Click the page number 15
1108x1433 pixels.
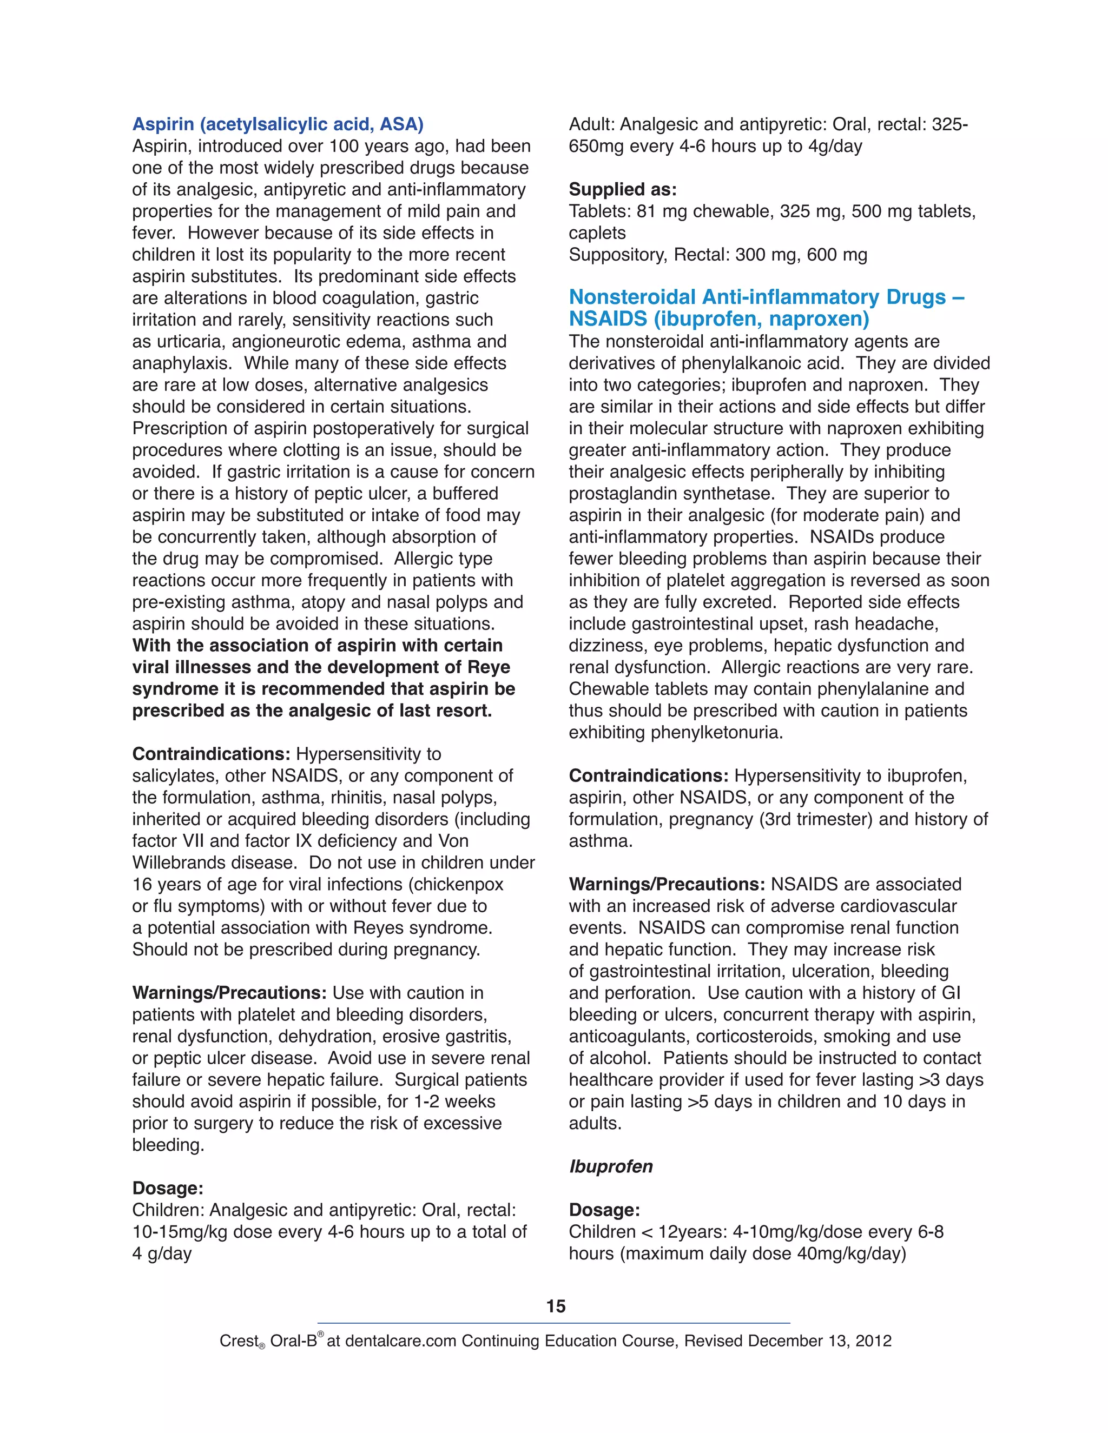[555, 1306]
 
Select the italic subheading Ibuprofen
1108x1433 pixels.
[610, 1166]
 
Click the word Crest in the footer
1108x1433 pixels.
[238, 1341]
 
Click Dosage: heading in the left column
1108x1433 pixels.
[167, 1187]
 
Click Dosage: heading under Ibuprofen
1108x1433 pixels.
[604, 1209]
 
